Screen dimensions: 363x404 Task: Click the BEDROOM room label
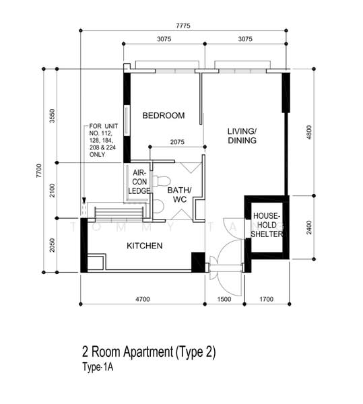point(164,115)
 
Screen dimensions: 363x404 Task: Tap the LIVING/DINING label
point(242,136)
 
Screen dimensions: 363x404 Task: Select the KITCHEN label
point(145,246)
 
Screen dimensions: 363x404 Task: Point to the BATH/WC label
point(180,195)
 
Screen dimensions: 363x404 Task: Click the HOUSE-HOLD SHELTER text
point(267,225)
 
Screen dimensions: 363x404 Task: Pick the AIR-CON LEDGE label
point(139,182)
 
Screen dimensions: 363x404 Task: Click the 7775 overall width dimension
point(183,26)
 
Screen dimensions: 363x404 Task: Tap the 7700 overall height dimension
point(38,170)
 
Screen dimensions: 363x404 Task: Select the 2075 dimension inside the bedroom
point(177,142)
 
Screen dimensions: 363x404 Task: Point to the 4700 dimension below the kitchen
point(143,299)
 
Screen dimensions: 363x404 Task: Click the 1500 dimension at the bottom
point(224,299)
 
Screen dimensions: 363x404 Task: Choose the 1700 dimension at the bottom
point(267,299)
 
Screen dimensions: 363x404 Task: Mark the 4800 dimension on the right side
point(309,132)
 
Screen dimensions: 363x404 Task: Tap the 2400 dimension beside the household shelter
point(309,228)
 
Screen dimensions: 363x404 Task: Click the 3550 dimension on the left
point(53,116)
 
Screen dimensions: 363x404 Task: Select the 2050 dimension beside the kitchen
point(53,245)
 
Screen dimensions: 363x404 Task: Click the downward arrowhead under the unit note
point(84,201)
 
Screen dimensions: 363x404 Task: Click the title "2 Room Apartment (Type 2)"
point(149,352)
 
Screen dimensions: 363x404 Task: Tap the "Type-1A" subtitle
point(98,367)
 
